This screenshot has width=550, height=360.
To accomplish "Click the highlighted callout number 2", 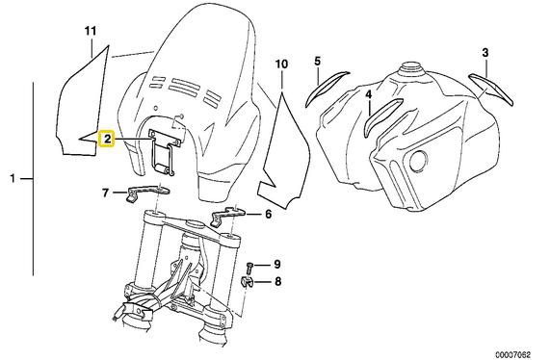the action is coord(106,139).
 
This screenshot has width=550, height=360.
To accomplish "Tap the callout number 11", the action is coord(91,31).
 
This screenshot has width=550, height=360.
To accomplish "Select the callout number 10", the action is coord(281,64).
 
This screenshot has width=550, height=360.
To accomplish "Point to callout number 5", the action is coord(318,62).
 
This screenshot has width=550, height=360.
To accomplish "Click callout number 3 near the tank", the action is coord(485,53).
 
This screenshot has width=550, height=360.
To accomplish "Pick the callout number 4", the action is coord(368,94).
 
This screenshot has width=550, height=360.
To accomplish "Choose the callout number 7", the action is coord(105,193).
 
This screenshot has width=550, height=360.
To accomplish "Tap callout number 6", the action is coord(269,214).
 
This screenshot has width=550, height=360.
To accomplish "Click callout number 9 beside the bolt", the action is coord(277,264).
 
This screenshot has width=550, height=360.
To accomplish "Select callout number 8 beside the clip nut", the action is coord(277,281).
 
